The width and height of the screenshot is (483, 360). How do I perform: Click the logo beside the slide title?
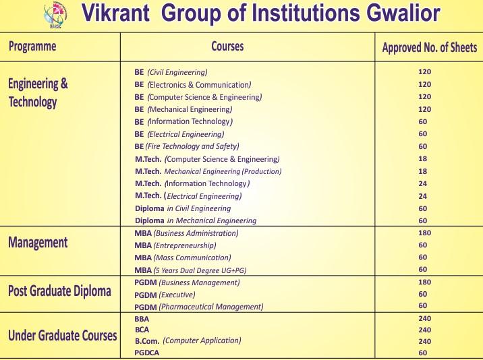(55, 15)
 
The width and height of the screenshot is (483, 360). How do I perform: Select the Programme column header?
(32, 47)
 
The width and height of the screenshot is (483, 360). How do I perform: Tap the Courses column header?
(227, 47)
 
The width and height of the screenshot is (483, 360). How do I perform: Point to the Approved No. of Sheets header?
(429, 47)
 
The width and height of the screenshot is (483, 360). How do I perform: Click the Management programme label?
(38, 243)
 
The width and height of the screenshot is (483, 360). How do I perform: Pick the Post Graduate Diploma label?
(59, 291)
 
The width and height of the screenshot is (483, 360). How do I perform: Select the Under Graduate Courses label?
(62, 335)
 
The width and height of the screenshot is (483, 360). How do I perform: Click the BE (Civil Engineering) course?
(171, 71)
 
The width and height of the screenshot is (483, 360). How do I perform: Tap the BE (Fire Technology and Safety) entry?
(187, 146)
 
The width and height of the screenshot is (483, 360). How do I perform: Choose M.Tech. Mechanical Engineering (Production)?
(208, 171)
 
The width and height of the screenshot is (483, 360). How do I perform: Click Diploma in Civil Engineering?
(183, 208)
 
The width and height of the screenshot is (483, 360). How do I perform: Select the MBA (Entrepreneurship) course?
(175, 245)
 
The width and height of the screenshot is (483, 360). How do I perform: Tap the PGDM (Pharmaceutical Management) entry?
(198, 307)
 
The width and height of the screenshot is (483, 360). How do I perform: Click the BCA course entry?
(142, 330)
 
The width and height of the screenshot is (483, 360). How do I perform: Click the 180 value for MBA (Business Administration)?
(424, 233)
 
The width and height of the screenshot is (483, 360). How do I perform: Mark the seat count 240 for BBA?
(424, 318)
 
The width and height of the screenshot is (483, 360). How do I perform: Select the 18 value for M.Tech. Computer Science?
(423, 159)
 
